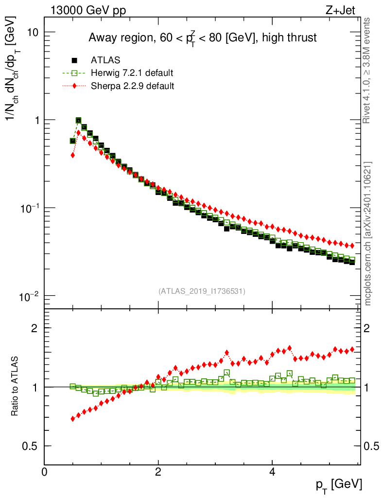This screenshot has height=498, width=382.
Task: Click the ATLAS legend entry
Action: (105, 60)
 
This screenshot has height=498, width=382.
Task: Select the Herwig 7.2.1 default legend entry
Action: (132, 73)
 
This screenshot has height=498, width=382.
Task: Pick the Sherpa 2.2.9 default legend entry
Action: (133, 86)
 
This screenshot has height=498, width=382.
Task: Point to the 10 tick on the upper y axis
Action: (33, 32)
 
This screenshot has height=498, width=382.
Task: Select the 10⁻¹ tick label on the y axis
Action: (30, 208)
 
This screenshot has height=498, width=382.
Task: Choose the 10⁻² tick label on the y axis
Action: (30, 296)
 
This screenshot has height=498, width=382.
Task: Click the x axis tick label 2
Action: (158, 472)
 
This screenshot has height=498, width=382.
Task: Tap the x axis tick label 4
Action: (273, 472)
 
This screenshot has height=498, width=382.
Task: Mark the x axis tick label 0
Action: (45, 472)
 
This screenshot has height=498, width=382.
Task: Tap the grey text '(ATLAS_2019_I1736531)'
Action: (202, 291)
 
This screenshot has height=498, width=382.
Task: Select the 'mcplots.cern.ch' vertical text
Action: (368, 233)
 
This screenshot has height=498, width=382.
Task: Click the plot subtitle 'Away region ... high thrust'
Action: (202, 38)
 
